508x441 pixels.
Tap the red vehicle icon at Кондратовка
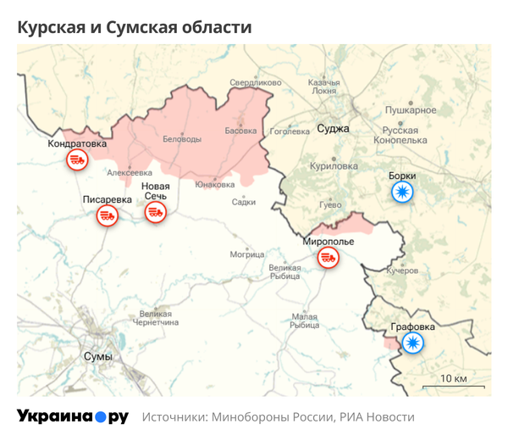tap(77, 159)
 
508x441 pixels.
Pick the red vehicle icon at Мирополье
tap(328, 258)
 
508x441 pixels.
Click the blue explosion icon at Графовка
tap(412, 343)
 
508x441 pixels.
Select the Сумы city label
tap(98, 357)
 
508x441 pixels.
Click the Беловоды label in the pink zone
tap(182, 138)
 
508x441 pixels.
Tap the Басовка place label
tap(240, 131)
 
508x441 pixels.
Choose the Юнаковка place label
tap(214, 183)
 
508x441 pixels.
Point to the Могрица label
tap(247, 254)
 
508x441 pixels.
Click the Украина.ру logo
tap(73, 416)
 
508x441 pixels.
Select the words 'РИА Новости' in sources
tap(378, 417)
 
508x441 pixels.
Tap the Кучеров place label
tap(402, 271)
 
